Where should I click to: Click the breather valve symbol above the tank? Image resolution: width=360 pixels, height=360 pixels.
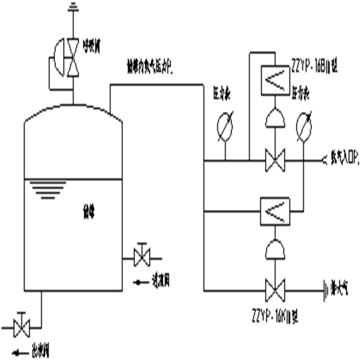(x=72, y=57)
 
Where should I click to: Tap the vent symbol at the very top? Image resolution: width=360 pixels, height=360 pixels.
(x=72, y=7)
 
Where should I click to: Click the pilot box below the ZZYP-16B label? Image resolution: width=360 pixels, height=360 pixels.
(x=275, y=81)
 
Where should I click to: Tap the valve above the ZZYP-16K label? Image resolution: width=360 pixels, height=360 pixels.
(x=275, y=291)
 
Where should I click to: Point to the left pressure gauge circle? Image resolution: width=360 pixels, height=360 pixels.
(x=225, y=126)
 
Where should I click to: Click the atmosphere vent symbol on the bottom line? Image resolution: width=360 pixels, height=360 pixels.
(x=325, y=290)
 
